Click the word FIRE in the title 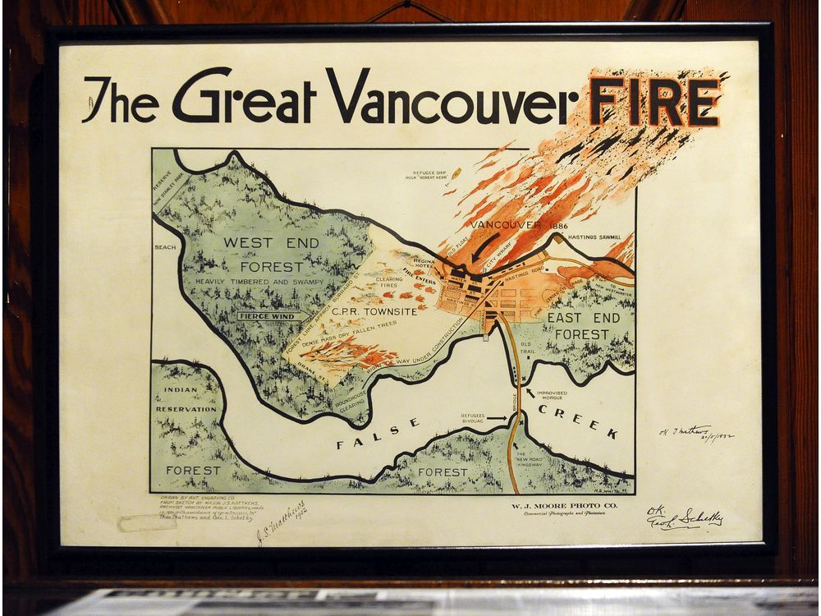click(x=654, y=104)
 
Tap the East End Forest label click(x=580, y=326)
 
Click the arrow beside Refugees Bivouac click(x=498, y=418)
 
